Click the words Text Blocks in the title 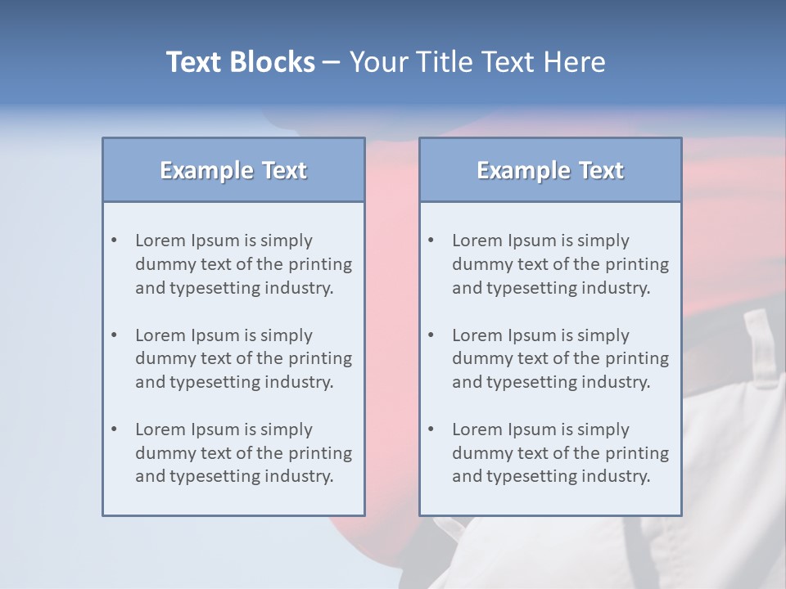click(x=240, y=62)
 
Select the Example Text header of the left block click(x=233, y=170)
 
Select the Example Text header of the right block click(x=550, y=170)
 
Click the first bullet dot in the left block click(x=115, y=241)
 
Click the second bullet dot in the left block click(x=115, y=335)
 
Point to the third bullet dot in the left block click(x=115, y=429)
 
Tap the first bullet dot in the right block click(x=431, y=241)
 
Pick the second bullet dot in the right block click(x=431, y=335)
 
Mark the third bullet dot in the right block click(x=431, y=429)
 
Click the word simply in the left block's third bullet click(x=287, y=429)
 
